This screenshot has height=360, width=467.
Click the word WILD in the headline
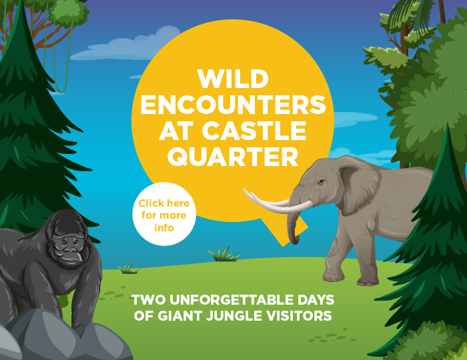click(x=233, y=79)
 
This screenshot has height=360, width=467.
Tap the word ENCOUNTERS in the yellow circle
click(x=233, y=105)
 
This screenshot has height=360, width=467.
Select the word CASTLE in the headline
click(x=254, y=131)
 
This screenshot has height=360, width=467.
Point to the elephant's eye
click(x=321, y=181)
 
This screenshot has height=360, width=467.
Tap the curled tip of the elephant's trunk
click(x=295, y=239)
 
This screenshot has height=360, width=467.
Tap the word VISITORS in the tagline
click(x=299, y=316)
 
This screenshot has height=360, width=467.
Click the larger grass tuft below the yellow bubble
click(x=223, y=254)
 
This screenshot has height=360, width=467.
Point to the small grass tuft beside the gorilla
click(x=129, y=269)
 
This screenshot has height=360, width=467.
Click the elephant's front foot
click(x=332, y=276)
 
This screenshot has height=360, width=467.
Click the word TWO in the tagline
click(x=148, y=300)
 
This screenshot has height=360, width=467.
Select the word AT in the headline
click(x=175, y=131)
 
